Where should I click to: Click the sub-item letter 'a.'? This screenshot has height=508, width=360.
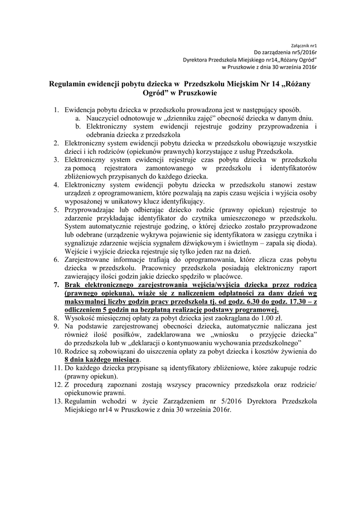pos(78,119)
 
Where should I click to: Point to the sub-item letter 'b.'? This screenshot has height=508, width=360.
pos(78,127)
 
